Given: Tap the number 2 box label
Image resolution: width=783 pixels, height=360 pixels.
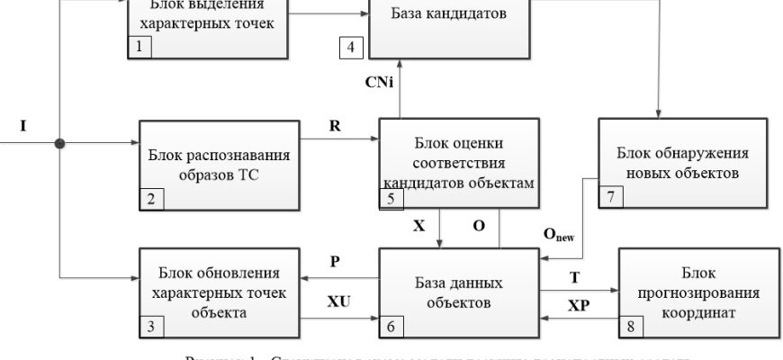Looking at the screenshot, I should pyautogui.click(x=150, y=199).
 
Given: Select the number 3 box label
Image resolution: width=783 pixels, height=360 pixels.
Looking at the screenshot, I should pyautogui.click(x=149, y=327).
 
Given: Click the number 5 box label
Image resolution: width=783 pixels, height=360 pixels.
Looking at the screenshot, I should pyautogui.click(x=391, y=200).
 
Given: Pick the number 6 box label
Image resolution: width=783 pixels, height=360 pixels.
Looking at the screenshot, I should pyautogui.click(x=391, y=327).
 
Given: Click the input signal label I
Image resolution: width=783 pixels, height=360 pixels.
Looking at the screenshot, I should pyautogui.click(x=23, y=127).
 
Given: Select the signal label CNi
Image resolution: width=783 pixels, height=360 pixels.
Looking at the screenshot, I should pyautogui.click(x=379, y=83).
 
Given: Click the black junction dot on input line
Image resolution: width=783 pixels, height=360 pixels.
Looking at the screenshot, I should pyautogui.click(x=59, y=142).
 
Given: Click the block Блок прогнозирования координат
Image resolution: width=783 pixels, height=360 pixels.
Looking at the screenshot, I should pyautogui.click(x=697, y=293).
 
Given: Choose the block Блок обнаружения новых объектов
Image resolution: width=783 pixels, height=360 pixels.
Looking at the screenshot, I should pyautogui.click(x=683, y=163).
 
